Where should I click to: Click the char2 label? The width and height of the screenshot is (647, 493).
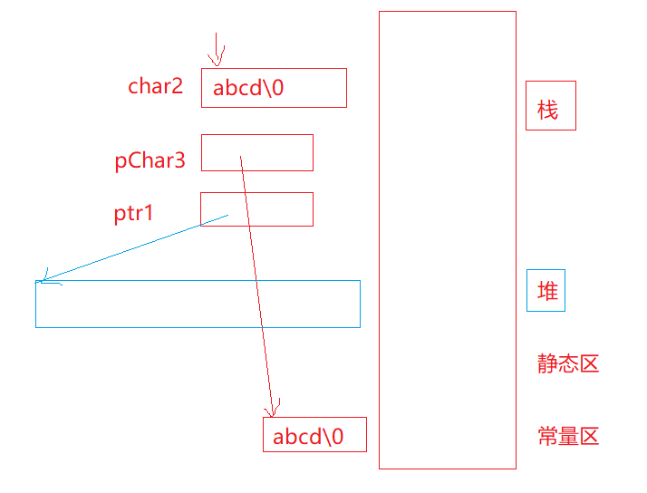pyautogui.click(x=155, y=87)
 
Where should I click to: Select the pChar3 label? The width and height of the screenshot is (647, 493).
pyautogui.click(x=150, y=161)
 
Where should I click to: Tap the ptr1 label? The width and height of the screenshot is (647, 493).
pyautogui.click(x=134, y=214)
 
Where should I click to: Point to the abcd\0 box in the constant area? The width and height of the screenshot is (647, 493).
pyautogui.click(x=314, y=435)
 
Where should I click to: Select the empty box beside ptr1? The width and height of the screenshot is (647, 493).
pyautogui.click(x=272, y=208)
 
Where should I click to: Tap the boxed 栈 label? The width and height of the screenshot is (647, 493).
pyautogui.click(x=549, y=111)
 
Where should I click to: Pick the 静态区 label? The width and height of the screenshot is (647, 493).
pyautogui.click(x=568, y=364)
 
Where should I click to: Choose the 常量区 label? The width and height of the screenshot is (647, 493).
pyautogui.click(x=568, y=437)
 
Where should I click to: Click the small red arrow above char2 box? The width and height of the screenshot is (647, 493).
pyautogui.click(x=216, y=50)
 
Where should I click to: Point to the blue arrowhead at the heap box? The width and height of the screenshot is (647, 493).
pyautogui.click(x=43, y=280)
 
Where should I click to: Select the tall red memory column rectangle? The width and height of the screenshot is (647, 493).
pyautogui.click(x=447, y=239)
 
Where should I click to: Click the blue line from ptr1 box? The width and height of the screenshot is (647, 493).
pyautogui.click(x=136, y=247)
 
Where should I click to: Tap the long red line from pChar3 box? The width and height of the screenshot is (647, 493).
pyautogui.click(x=256, y=281)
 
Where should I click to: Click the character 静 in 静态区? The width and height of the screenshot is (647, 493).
pyautogui.click(x=547, y=364)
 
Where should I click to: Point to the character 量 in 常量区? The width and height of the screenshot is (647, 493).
pyautogui.click(x=568, y=437)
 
